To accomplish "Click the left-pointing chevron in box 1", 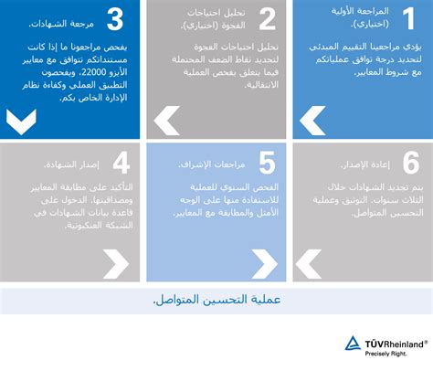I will pos(312,118).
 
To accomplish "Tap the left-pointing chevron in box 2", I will pos(167,118).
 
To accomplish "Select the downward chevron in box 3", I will pos(20,121).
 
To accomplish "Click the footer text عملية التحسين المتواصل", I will pos(216,301).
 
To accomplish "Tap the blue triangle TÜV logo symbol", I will pos(353,344).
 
